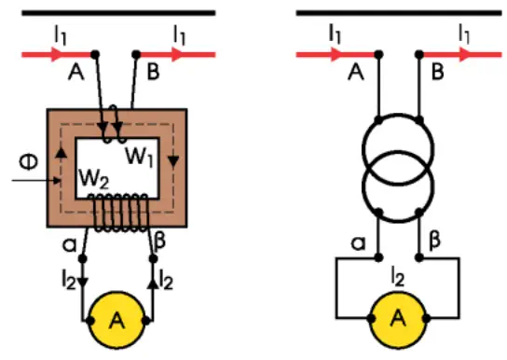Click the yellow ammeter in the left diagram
coord(116,320)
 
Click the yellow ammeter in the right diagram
coord(398,320)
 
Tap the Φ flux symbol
coord(29,161)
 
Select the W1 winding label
coord(139,157)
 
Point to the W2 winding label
coord(94,178)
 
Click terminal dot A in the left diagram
coord(95,54)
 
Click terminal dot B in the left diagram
coord(136,54)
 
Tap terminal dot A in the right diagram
coord(378,54)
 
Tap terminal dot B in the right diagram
coord(419,54)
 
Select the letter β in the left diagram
coord(160,241)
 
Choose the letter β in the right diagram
coord(434,241)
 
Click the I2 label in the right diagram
coord(398,277)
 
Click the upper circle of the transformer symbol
coord(398,114)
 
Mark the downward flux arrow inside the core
coord(173,161)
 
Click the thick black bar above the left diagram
coord(118,13)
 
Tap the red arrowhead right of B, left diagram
coord(178,54)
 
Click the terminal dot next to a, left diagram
coord(83,258)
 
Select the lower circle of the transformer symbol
coord(398,222)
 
